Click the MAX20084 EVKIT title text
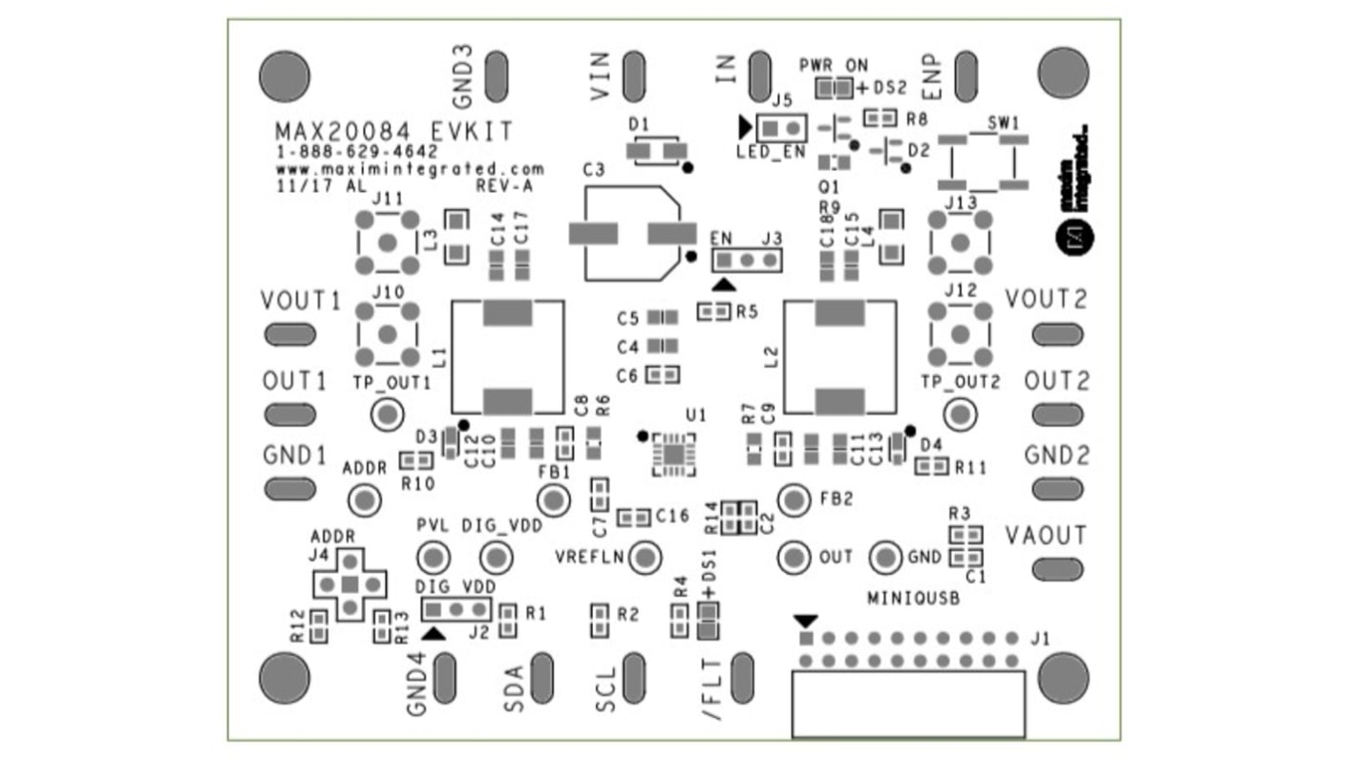coord(393,131)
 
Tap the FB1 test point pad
coord(553,499)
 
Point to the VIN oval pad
coord(633,74)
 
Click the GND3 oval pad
coord(496,74)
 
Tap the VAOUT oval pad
coord(1057,569)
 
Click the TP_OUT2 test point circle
coord(960,414)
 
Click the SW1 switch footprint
coord(984,160)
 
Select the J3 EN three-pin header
coord(747,260)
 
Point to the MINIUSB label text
coord(913,599)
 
